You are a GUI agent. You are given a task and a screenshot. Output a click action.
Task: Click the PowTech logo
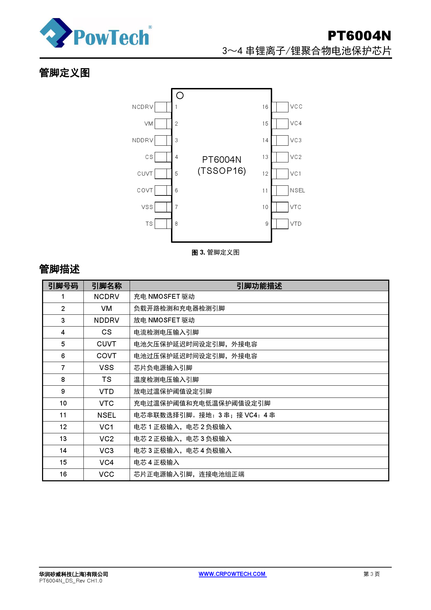[96, 33]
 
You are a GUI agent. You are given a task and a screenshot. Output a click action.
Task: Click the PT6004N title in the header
[359, 36]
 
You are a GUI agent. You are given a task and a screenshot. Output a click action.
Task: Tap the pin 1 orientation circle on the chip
[180, 95]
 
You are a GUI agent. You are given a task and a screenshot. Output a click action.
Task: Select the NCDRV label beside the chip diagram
[143, 107]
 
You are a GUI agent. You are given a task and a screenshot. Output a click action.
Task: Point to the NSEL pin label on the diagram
[298, 190]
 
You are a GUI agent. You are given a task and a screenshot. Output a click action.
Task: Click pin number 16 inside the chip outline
[265, 107]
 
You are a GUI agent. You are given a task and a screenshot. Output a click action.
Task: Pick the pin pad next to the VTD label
[280, 224]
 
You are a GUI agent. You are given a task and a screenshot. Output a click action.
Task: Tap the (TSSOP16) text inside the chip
[222, 171]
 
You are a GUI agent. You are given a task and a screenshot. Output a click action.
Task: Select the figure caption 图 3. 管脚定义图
[215, 252]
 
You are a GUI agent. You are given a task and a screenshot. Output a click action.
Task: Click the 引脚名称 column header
[107, 286]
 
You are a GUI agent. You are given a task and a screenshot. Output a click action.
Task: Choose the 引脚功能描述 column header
[259, 286]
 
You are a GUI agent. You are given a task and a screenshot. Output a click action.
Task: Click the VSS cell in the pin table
[107, 368]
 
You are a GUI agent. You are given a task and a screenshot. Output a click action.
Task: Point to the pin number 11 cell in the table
[63, 415]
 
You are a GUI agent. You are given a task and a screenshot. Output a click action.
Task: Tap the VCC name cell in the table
[107, 474]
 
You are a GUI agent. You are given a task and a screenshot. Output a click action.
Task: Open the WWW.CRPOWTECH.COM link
[232, 574]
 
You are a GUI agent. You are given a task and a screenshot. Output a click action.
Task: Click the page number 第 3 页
[371, 574]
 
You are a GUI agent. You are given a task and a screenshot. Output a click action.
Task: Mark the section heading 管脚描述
[59, 269]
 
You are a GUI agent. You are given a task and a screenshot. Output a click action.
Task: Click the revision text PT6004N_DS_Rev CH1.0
[71, 581]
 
